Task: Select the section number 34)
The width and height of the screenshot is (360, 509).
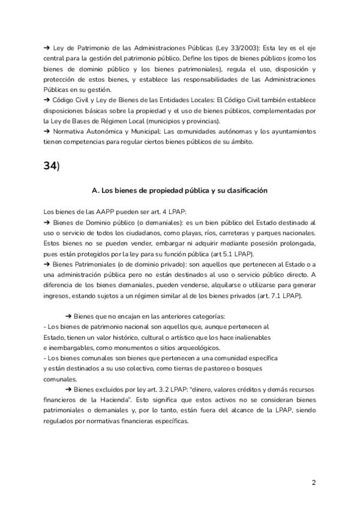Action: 52,166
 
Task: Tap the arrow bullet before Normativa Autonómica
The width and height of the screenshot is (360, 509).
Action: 47,131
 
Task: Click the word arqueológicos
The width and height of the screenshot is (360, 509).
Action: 210,348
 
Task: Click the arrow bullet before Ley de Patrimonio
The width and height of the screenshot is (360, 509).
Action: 47,47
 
